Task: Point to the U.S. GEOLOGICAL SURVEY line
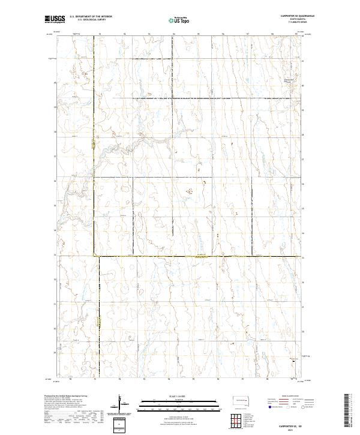[91, 19]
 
